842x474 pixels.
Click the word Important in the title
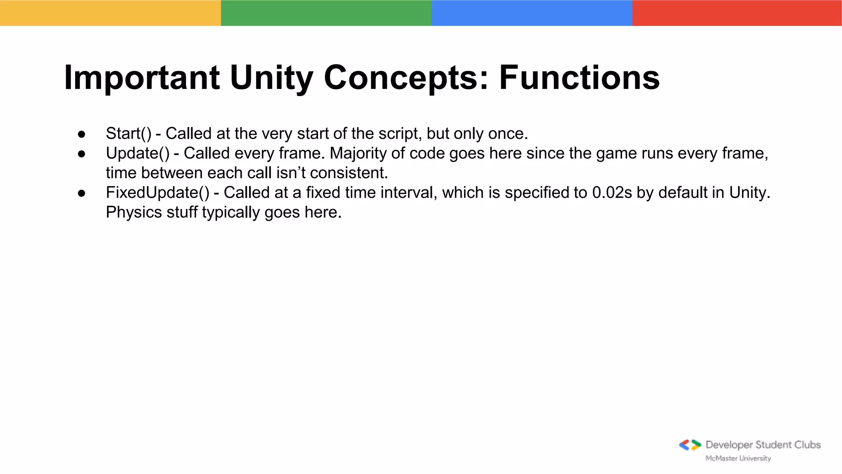click(x=142, y=78)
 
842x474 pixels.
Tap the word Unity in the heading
click(x=272, y=78)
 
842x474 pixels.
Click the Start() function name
click(x=129, y=134)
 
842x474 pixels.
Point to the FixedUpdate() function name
click(x=157, y=193)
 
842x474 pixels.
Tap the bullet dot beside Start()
click(x=81, y=134)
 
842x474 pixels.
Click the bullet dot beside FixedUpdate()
click(x=81, y=193)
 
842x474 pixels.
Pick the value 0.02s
click(x=612, y=193)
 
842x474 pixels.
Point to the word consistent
click(x=349, y=173)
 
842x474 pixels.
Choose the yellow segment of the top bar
click(x=110, y=13)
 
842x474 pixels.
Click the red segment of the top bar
click(x=737, y=13)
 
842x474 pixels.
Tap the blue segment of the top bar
click(x=532, y=13)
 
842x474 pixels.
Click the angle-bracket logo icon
click(x=690, y=445)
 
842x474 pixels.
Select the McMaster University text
click(x=738, y=458)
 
